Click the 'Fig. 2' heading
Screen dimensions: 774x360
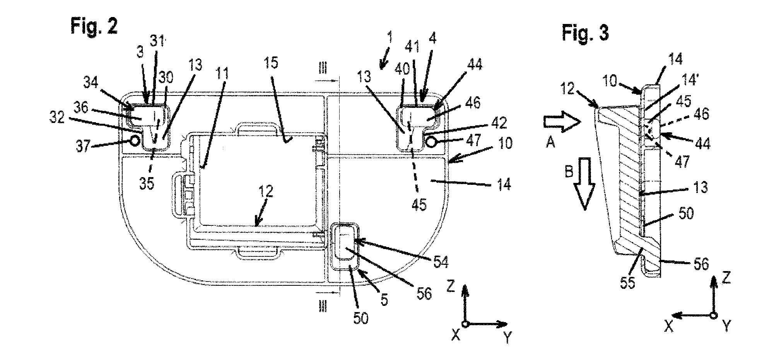click(x=94, y=28)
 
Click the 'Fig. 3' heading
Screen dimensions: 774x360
click(x=585, y=33)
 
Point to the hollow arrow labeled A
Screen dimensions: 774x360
click(x=562, y=123)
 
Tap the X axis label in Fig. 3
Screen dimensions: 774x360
click(x=668, y=327)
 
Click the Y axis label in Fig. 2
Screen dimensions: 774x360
click(x=508, y=338)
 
